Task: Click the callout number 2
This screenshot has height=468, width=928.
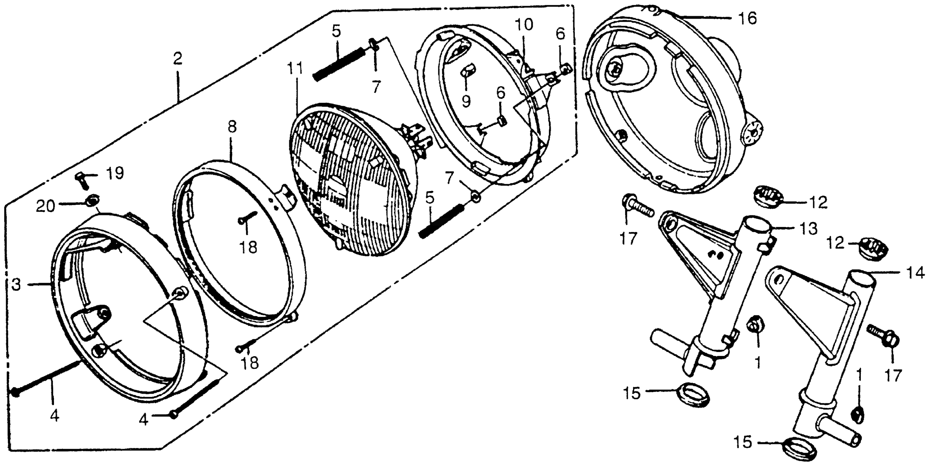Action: (x=177, y=59)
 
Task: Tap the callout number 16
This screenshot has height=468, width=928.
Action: (x=748, y=18)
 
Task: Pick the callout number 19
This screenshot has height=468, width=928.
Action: (x=115, y=173)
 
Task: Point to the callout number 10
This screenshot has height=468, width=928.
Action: (x=523, y=25)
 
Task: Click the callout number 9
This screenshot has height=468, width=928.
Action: (x=466, y=102)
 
